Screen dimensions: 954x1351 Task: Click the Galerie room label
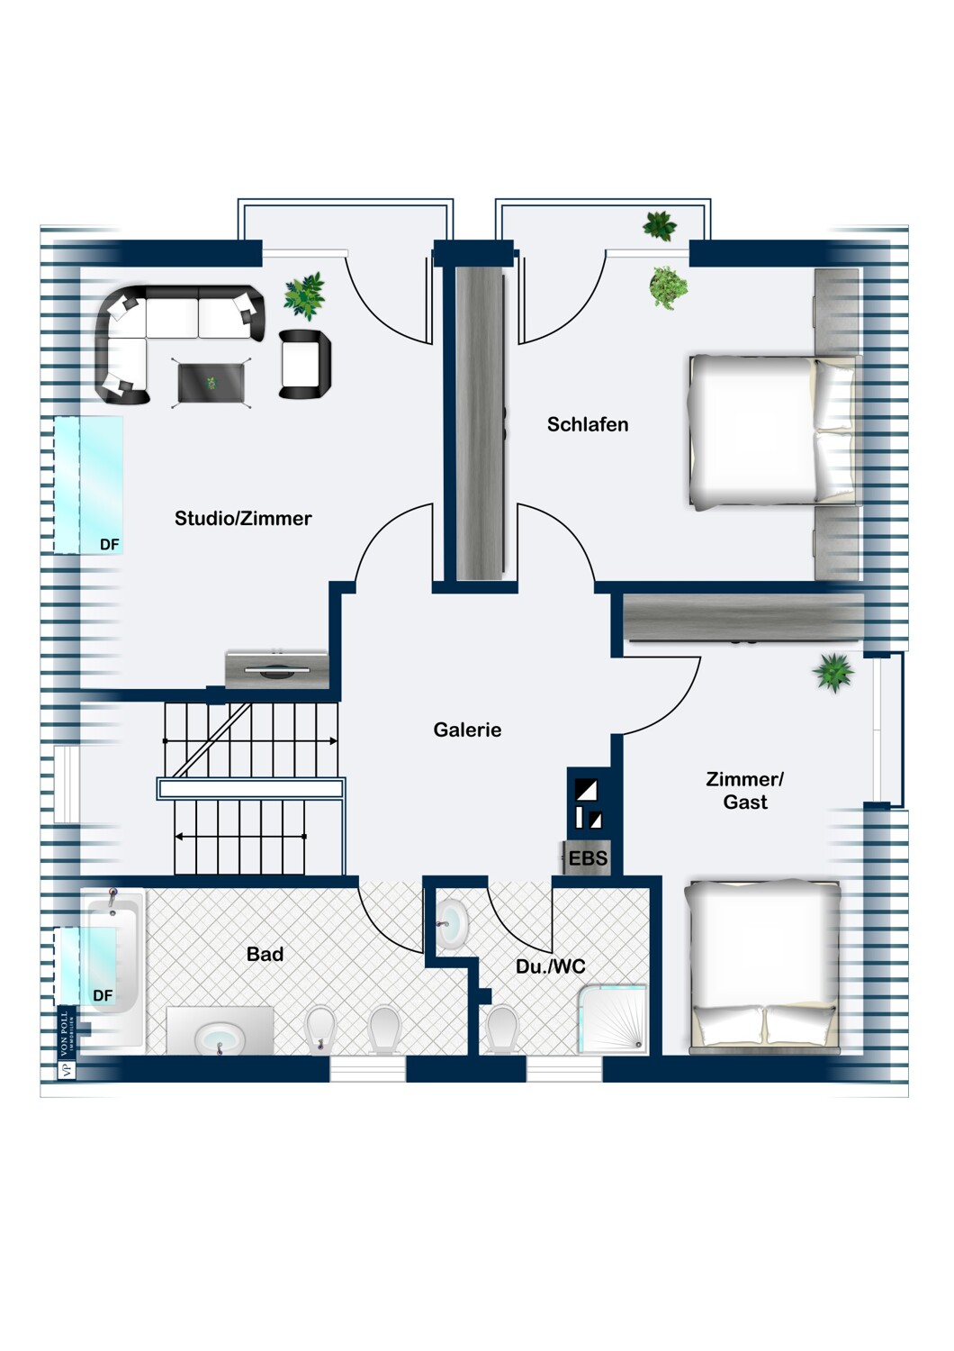pos(467,730)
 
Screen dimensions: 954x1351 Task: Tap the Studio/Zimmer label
pos(243,518)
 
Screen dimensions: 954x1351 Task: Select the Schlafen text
pos(588,424)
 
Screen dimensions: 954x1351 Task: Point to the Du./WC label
pos(550,966)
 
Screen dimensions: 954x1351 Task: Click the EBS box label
pos(588,857)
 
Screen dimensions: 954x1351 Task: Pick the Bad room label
pos(265,954)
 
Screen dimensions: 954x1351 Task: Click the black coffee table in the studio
pos(211,383)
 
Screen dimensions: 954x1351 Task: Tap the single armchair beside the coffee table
pos(305,364)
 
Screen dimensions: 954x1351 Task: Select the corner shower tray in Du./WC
pos(612,1020)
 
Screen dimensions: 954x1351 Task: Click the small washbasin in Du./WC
pos(452,924)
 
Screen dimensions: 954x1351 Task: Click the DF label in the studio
pos(109,545)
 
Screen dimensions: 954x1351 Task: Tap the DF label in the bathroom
pos(103,995)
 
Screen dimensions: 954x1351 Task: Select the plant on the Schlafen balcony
pos(660,226)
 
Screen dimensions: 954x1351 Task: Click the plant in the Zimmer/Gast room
pos(832,673)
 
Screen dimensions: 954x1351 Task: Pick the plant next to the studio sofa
pos(305,295)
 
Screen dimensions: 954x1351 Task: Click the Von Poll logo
pos(67,1043)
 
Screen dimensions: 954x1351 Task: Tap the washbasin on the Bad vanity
pos(220,1038)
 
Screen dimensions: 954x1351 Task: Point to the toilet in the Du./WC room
pos(502,1029)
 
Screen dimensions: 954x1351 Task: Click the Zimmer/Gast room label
pos(745,790)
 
